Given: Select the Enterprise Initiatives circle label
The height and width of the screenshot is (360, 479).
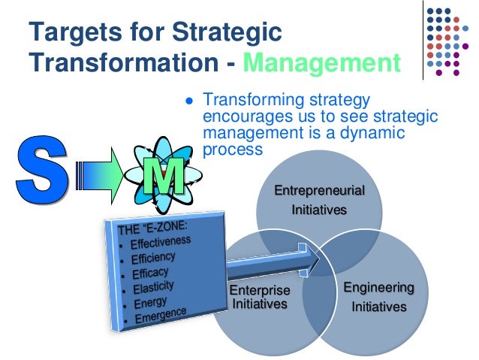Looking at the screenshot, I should click(x=258, y=297).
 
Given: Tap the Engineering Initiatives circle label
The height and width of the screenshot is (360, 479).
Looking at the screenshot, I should click(x=378, y=297).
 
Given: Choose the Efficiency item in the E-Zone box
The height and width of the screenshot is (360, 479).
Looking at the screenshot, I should click(x=154, y=258).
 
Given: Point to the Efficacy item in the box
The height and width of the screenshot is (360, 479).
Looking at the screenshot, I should click(x=149, y=273).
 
